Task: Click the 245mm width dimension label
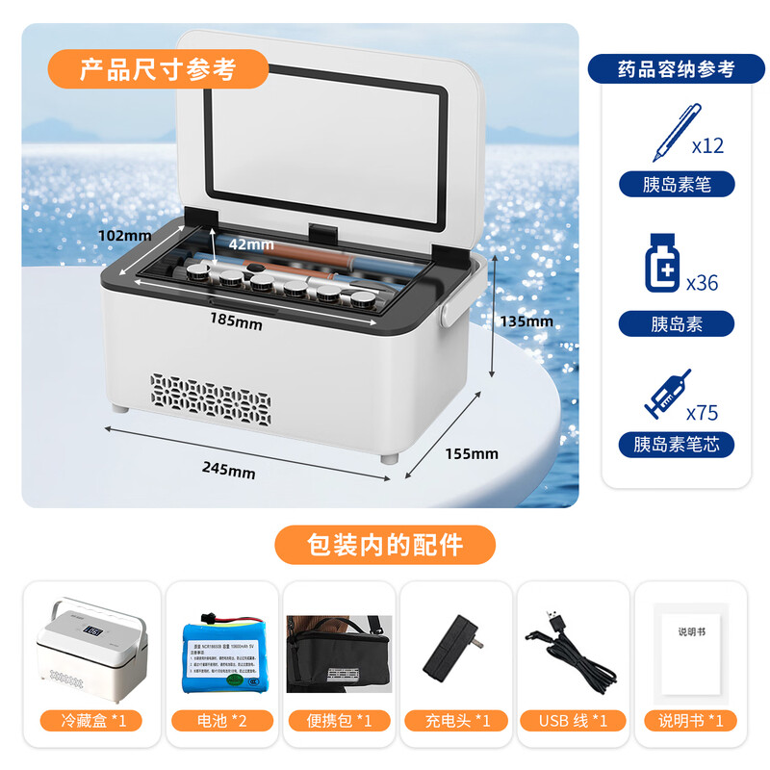(229, 472)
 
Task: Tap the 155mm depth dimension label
(471, 453)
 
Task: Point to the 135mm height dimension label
(525, 321)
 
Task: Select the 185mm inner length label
(237, 324)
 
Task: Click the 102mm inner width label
(124, 235)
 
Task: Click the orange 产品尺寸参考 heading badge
(157, 68)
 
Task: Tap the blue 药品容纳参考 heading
(676, 69)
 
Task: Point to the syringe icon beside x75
(664, 393)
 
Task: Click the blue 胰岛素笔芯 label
(676, 444)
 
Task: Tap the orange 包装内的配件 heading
(385, 544)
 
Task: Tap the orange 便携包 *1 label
(340, 720)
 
